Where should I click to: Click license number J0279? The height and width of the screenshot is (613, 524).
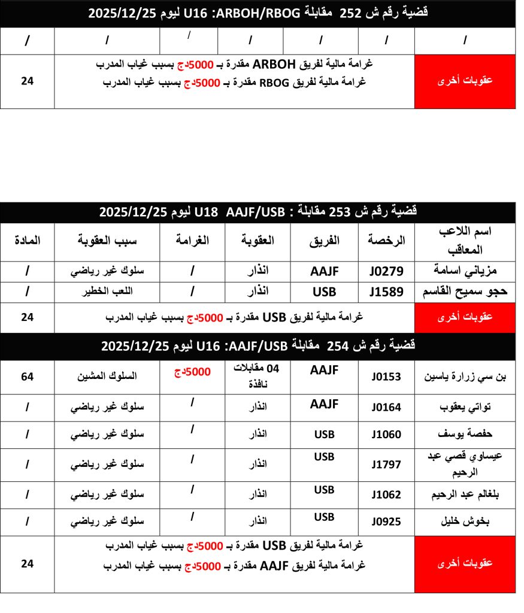click(386, 271)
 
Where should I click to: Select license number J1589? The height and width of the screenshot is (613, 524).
click(386, 293)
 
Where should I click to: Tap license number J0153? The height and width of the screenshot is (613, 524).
click(386, 377)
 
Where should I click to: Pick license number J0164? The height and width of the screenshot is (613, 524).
click(386, 408)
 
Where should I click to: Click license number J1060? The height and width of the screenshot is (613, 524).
click(386, 435)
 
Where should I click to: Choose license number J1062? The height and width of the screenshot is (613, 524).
click(386, 494)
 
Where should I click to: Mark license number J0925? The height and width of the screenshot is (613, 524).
click(386, 521)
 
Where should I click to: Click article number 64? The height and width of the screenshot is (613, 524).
click(27, 377)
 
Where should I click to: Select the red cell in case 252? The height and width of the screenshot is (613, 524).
click(465, 81)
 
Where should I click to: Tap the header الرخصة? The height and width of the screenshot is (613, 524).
click(386, 241)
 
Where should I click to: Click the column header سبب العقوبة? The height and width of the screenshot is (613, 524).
click(107, 241)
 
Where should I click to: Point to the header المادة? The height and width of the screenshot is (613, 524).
click(27, 241)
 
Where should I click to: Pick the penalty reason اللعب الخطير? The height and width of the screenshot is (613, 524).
click(107, 293)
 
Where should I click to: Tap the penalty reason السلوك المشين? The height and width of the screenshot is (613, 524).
click(107, 377)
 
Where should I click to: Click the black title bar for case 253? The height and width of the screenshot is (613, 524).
click(258, 212)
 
